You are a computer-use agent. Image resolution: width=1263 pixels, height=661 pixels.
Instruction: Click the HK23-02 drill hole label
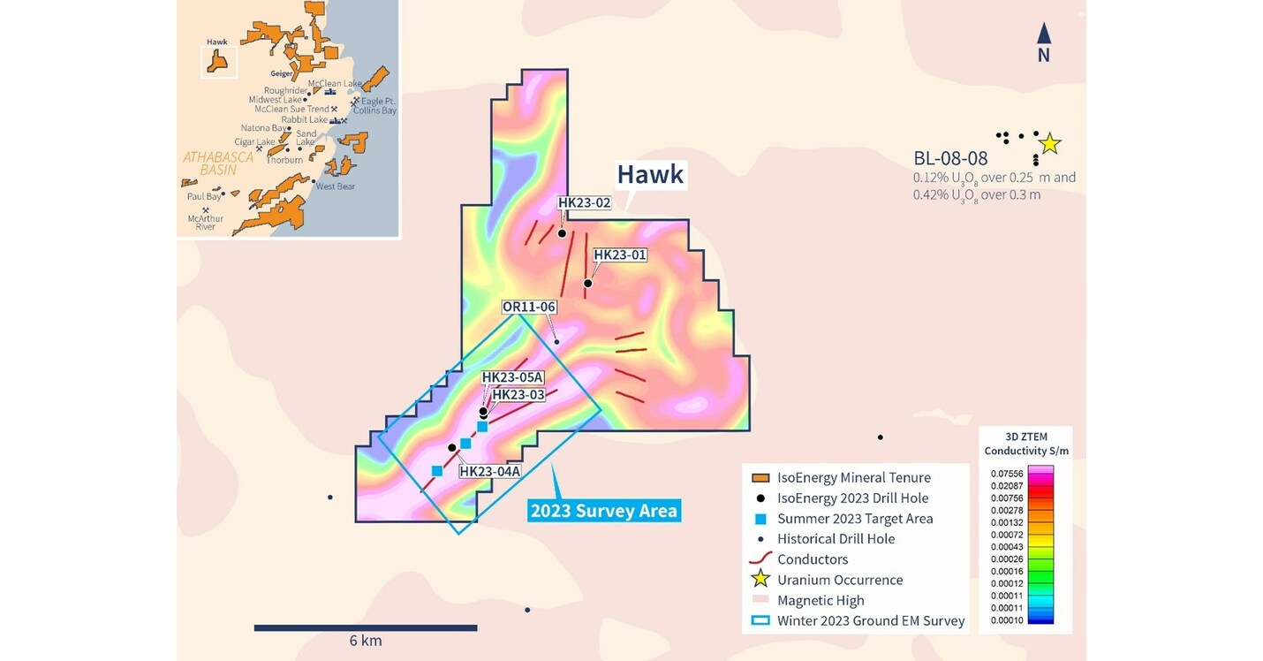[585, 202]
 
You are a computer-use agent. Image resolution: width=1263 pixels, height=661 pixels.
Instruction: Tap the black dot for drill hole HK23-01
[587, 283]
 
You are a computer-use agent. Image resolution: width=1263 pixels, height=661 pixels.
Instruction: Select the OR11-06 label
[528, 307]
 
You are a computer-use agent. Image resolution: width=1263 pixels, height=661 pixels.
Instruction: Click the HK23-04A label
[489, 471]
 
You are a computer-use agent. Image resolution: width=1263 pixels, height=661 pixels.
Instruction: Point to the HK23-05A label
[512, 377]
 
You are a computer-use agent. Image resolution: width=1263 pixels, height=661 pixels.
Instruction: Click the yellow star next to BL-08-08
[1049, 143]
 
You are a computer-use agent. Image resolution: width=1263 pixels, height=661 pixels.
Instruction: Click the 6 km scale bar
[366, 627]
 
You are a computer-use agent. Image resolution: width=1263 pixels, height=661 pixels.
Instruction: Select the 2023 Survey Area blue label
[604, 511]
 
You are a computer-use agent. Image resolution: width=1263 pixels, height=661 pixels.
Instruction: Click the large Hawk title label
[650, 174]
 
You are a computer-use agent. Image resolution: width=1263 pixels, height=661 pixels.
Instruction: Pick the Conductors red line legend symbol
[761, 559]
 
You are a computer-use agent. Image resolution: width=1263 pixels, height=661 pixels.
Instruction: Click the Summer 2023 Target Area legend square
[760, 519]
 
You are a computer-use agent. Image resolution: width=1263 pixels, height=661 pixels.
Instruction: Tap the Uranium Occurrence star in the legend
[761, 580]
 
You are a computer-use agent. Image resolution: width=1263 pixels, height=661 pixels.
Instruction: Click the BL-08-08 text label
[949, 158]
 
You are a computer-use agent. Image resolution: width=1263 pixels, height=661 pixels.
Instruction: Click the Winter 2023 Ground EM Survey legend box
[760, 620]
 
